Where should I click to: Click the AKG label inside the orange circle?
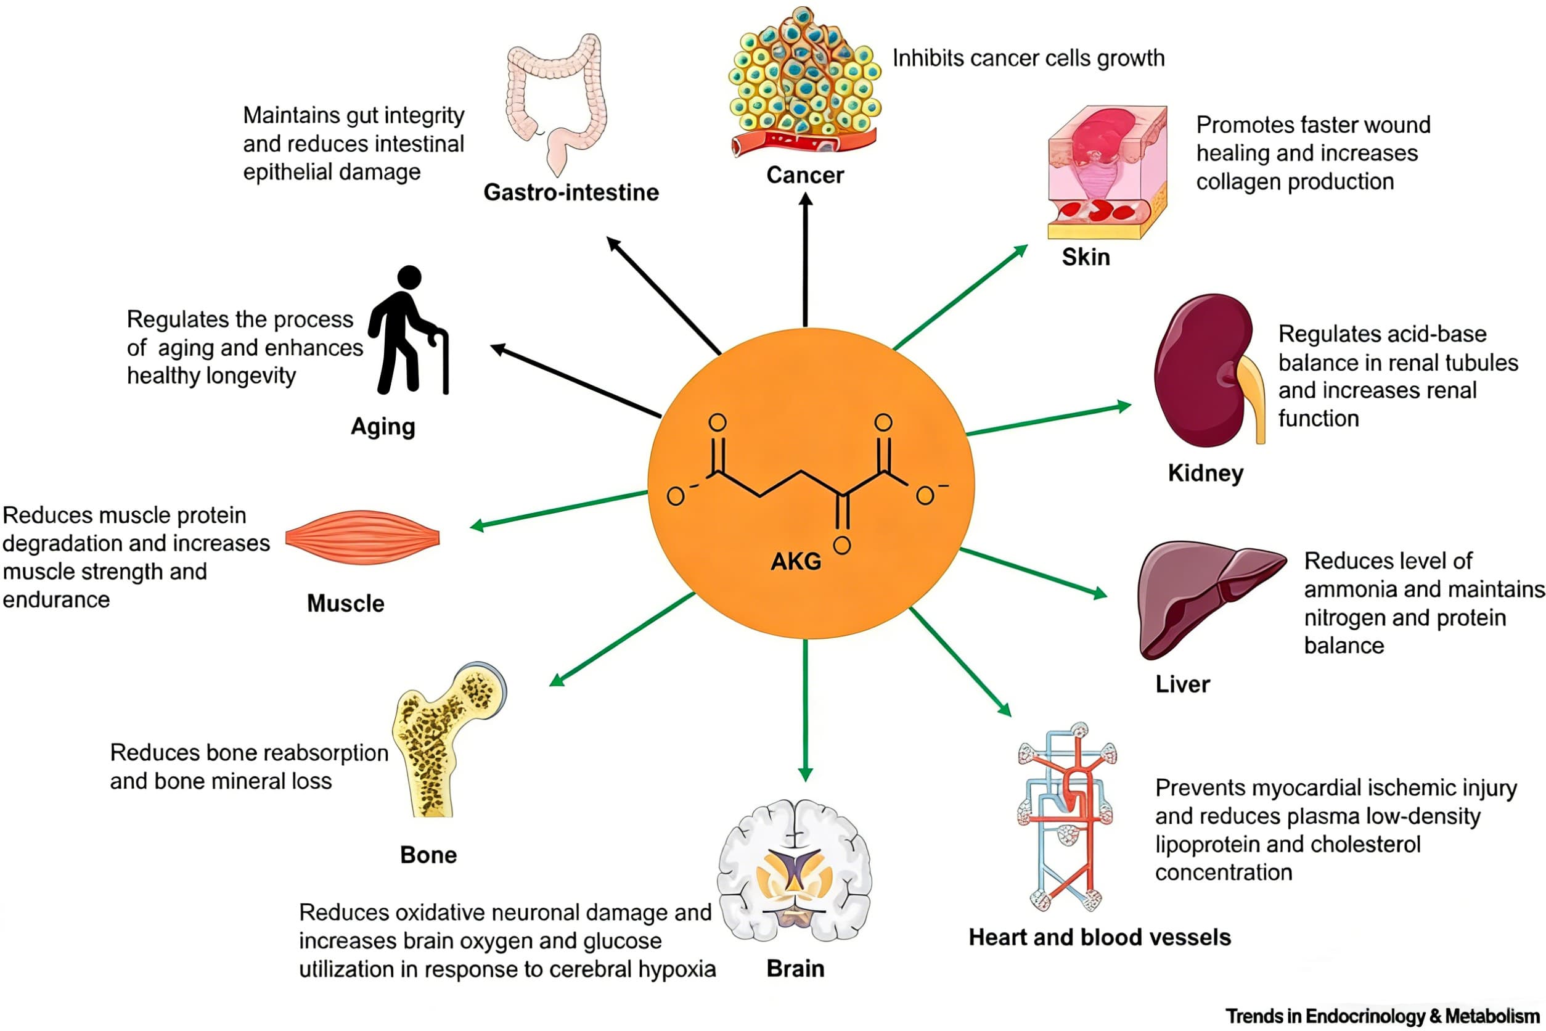click(x=795, y=561)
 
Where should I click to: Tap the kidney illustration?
click(x=1206, y=371)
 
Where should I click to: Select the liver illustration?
click(x=1206, y=595)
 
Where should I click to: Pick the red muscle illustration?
click(x=362, y=537)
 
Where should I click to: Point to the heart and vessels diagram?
click(x=1066, y=815)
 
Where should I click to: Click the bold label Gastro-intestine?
click(x=571, y=192)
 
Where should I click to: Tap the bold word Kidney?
click(x=1205, y=474)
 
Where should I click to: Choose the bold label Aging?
click(x=383, y=427)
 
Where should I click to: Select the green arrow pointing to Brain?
click(x=805, y=710)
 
